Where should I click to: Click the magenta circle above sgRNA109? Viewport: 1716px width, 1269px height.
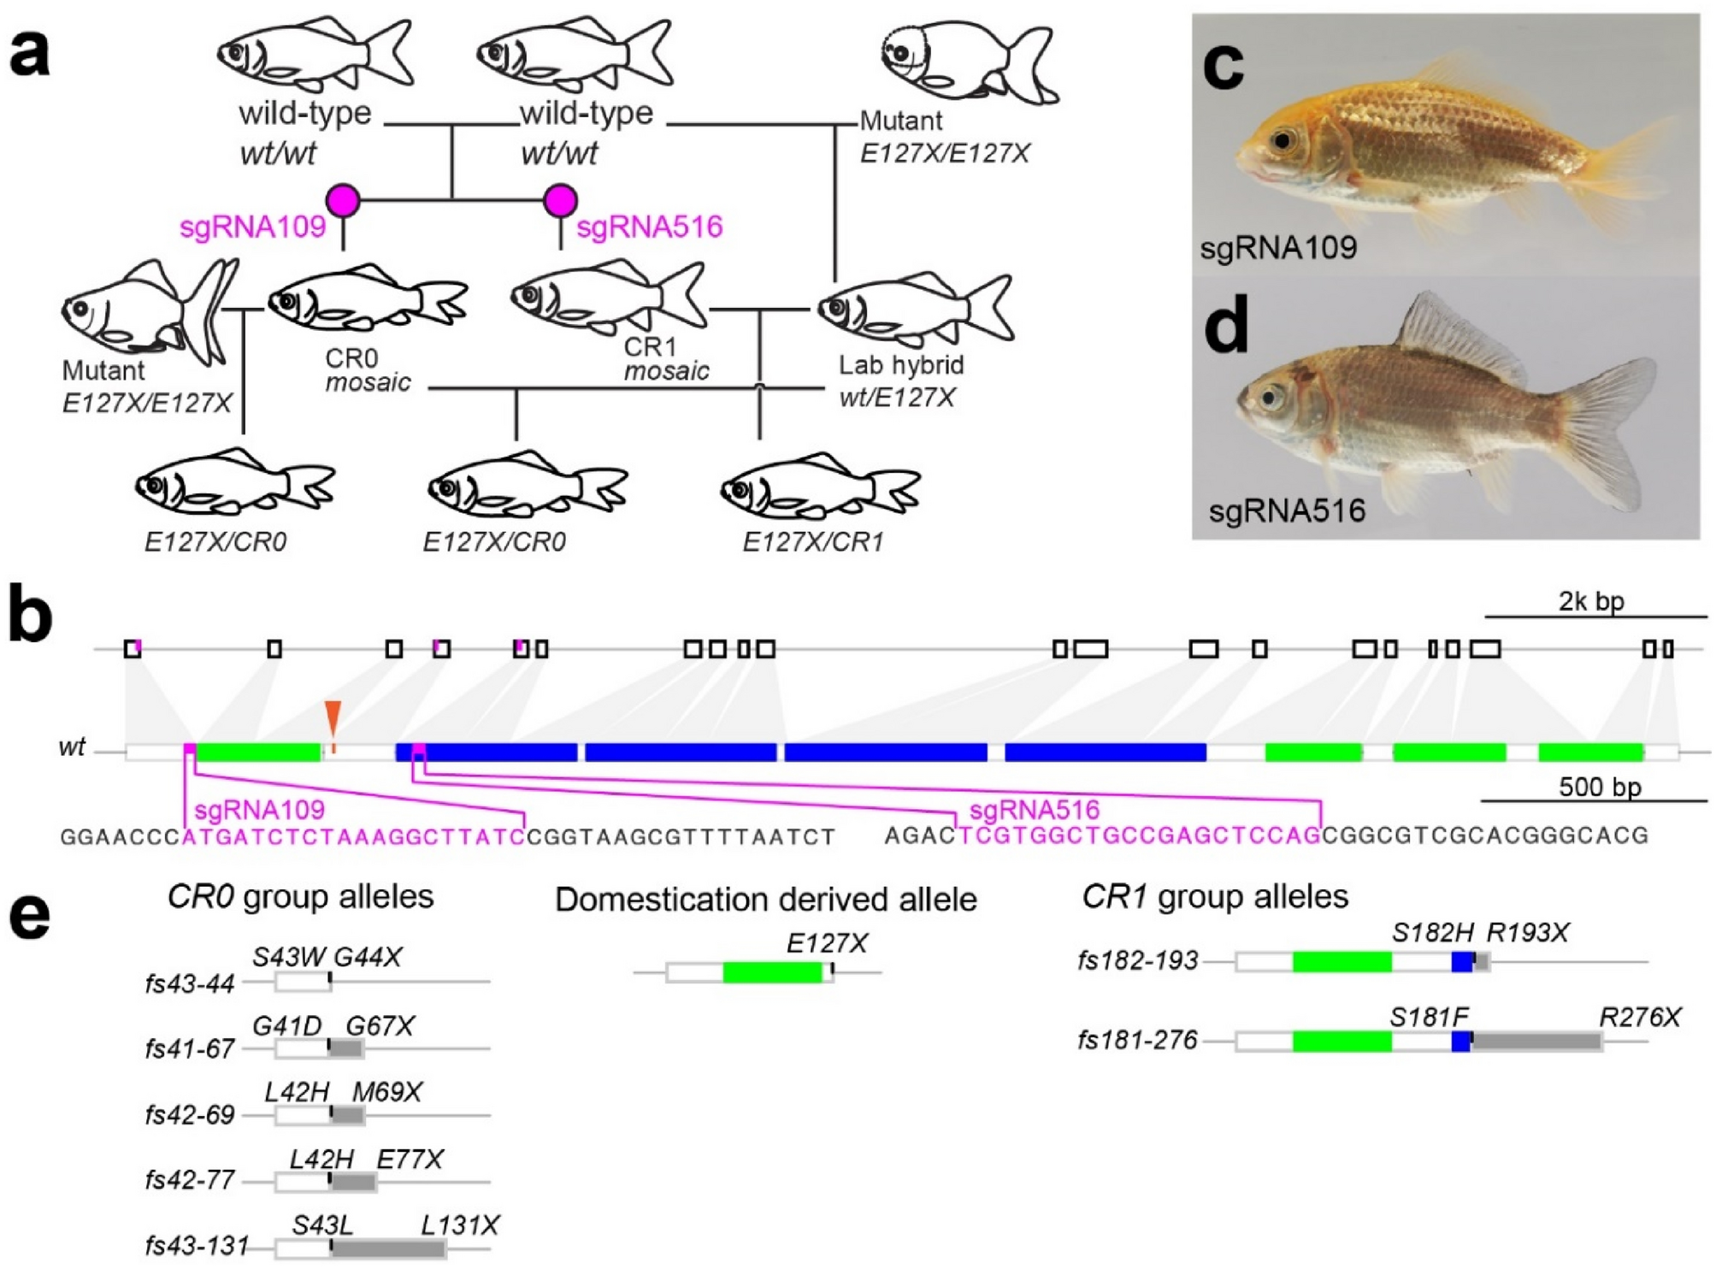coord(343,200)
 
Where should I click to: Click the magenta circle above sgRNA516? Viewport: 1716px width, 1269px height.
coord(560,200)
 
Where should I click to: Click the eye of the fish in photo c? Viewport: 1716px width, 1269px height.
coord(1282,140)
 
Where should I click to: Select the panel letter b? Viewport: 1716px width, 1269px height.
coord(31,615)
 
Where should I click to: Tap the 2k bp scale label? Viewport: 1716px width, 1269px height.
coord(1591,601)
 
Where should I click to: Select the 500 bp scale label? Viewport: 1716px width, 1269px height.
coord(1600,787)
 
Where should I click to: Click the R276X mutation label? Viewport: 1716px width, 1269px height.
coord(1640,1018)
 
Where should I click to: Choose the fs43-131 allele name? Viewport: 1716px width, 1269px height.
coord(198,1246)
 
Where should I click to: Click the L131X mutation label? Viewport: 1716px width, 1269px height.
coord(460,1225)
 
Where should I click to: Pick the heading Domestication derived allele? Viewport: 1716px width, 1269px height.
coord(765,900)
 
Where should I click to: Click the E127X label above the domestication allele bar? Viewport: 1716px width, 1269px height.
coord(827,943)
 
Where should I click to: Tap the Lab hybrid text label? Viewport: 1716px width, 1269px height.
coord(901,365)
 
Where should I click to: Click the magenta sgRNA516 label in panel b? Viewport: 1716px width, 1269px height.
coord(1034,810)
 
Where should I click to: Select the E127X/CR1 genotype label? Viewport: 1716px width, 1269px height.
coord(812,541)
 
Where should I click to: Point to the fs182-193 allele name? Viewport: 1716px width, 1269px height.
coord(1138,961)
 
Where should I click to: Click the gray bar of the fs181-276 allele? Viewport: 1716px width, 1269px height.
coord(1536,1041)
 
